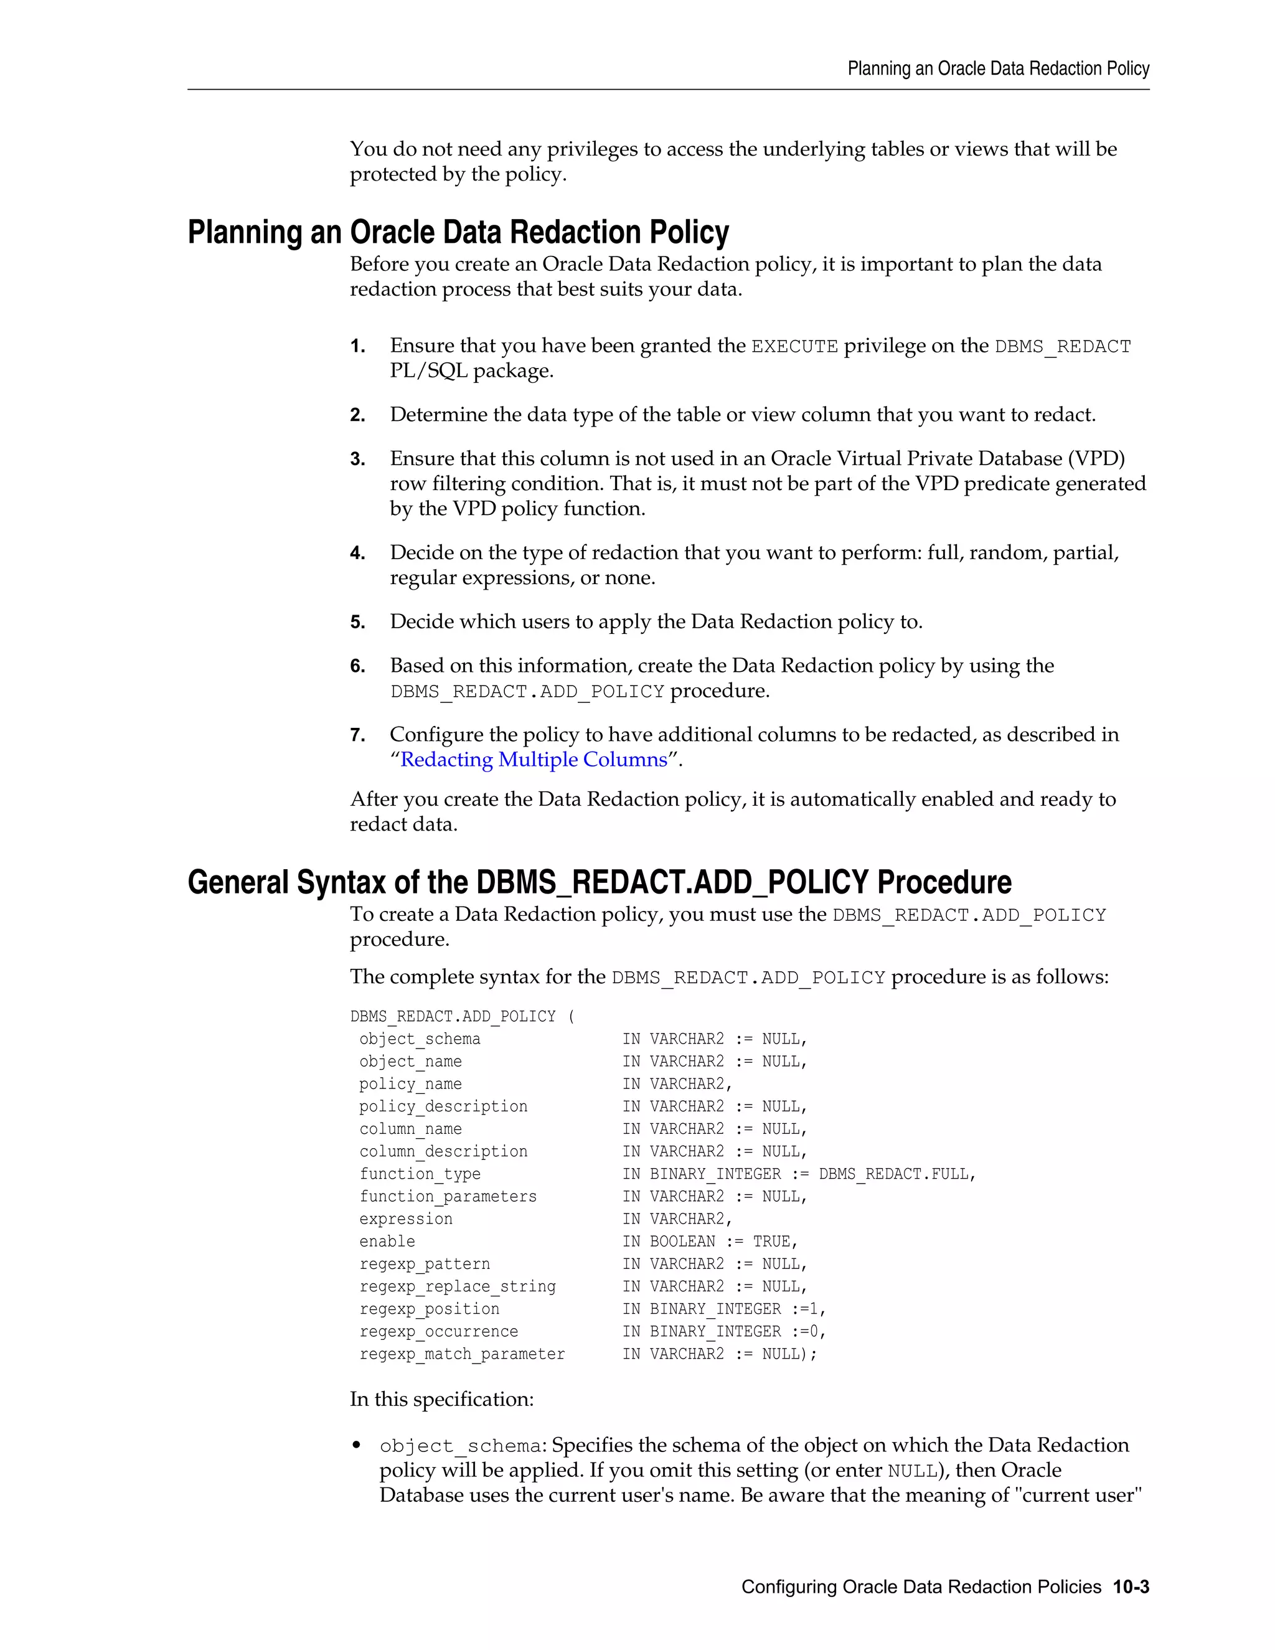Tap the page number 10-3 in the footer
pos(1130,1586)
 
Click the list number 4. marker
pos(357,554)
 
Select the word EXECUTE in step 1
pos(794,347)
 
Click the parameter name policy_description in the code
pos(443,1107)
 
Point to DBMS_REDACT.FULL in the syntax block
pos(896,1174)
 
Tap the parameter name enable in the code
pos(387,1242)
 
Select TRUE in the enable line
pos(771,1242)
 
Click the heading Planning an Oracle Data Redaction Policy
pos(458,232)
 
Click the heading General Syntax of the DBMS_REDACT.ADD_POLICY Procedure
pos(599,882)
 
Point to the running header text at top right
pos(998,68)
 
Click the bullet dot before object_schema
pos(357,1446)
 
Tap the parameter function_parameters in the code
pos(448,1197)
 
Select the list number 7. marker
pos(357,736)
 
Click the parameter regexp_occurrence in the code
pos(438,1331)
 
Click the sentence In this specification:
pos(441,1399)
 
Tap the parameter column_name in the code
pos(410,1129)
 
